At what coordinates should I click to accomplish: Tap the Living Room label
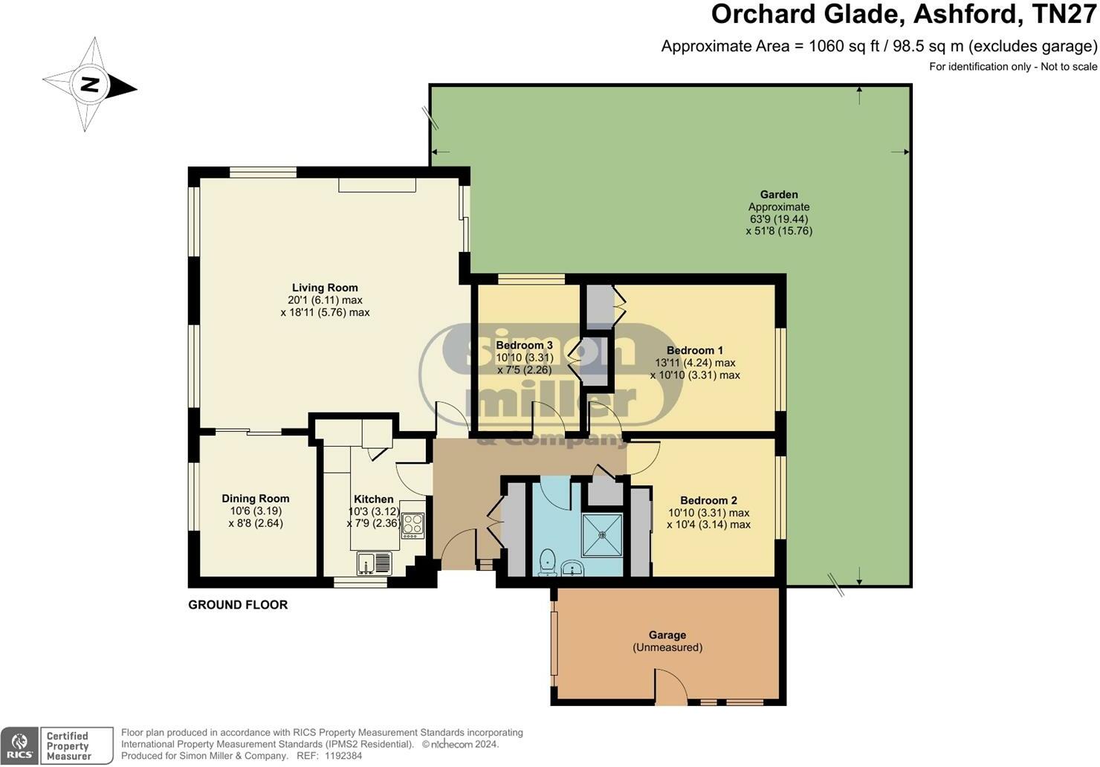point(325,288)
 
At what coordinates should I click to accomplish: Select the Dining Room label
point(256,499)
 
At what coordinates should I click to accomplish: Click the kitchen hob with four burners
point(412,525)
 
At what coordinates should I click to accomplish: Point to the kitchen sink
point(374,563)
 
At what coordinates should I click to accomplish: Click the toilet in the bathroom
point(547,563)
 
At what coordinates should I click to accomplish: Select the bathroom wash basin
point(572,569)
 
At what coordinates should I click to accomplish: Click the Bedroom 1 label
point(694,350)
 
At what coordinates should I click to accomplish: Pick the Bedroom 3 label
point(524,345)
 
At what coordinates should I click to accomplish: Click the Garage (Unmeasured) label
point(667,641)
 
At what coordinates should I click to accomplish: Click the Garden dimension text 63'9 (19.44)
point(778,219)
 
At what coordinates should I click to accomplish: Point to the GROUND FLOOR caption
point(238,605)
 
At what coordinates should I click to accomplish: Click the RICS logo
point(19,745)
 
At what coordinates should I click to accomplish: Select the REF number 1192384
point(340,756)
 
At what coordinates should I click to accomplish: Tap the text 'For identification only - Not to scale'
point(1013,67)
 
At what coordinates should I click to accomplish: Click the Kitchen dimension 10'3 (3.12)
point(374,511)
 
